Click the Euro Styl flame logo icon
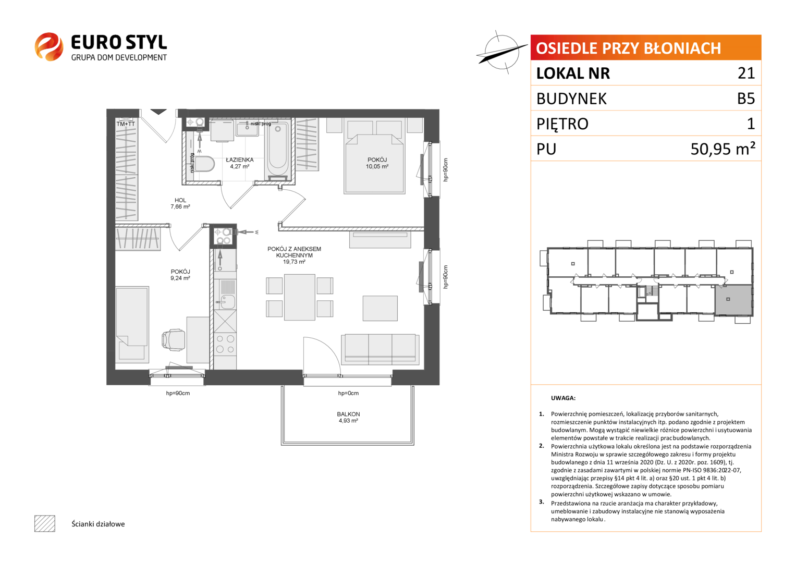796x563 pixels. [x=49, y=46]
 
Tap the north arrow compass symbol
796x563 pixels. [x=501, y=52]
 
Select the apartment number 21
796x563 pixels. [x=746, y=73]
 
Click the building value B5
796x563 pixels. [x=746, y=99]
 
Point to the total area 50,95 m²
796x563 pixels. [x=723, y=149]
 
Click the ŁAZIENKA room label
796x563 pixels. [x=239, y=160]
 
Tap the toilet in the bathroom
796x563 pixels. [x=204, y=164]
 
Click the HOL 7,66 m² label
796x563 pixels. [x=180, y=203]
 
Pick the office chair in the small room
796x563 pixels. [x=174, y=339]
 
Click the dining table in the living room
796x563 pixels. [x=300, y=297]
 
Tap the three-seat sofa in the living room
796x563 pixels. [x=380, y=349]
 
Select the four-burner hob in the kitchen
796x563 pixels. [x=225, y=344]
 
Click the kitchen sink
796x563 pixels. [x=225, y=302]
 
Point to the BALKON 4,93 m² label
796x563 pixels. [x=348, y=417]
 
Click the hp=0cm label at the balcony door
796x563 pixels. [x=348, y=393]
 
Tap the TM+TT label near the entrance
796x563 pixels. [x=126, y=124]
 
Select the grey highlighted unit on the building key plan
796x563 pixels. [x=733, y=300]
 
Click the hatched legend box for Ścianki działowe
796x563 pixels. [x=45, y=523]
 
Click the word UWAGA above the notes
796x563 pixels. [x=563, y=398]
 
